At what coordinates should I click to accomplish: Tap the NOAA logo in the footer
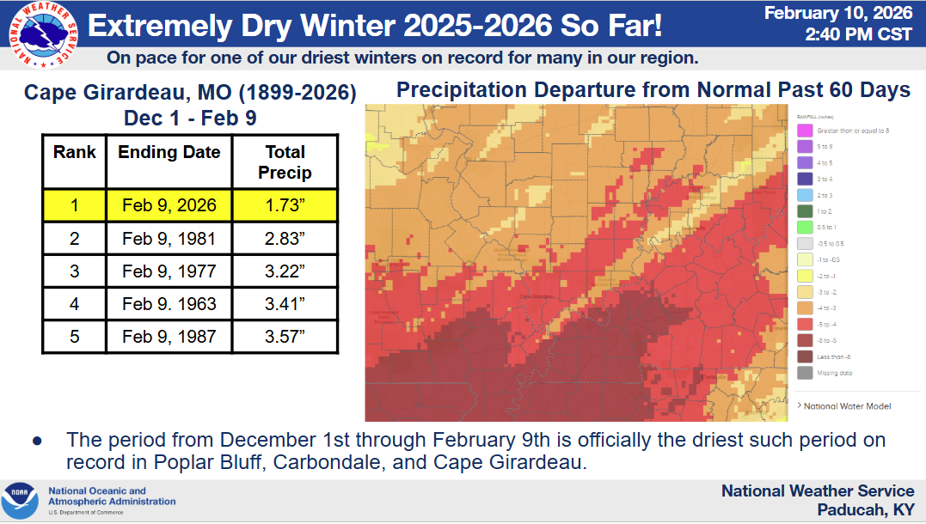point(19,500)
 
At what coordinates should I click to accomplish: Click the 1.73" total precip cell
point(285,206)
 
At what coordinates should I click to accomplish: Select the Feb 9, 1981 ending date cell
point(169,239)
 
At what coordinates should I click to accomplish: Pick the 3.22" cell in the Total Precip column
point(285,271)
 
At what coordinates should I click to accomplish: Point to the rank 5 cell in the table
point(74,336)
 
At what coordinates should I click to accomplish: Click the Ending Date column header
point(169,153)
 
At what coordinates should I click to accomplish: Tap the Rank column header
point(74,153)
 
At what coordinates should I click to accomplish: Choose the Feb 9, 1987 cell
point(169,336)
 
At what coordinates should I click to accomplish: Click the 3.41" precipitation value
point(285,303)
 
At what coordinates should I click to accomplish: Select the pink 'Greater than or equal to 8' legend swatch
point(806,131)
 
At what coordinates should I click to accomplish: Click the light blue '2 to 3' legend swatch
point(806,195)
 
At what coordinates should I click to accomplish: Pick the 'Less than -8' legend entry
point(806,356)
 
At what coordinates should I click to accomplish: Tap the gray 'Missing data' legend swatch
point(806,373)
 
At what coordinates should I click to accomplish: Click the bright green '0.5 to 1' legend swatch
point(806,228)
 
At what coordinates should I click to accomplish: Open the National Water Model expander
point(843,405)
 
